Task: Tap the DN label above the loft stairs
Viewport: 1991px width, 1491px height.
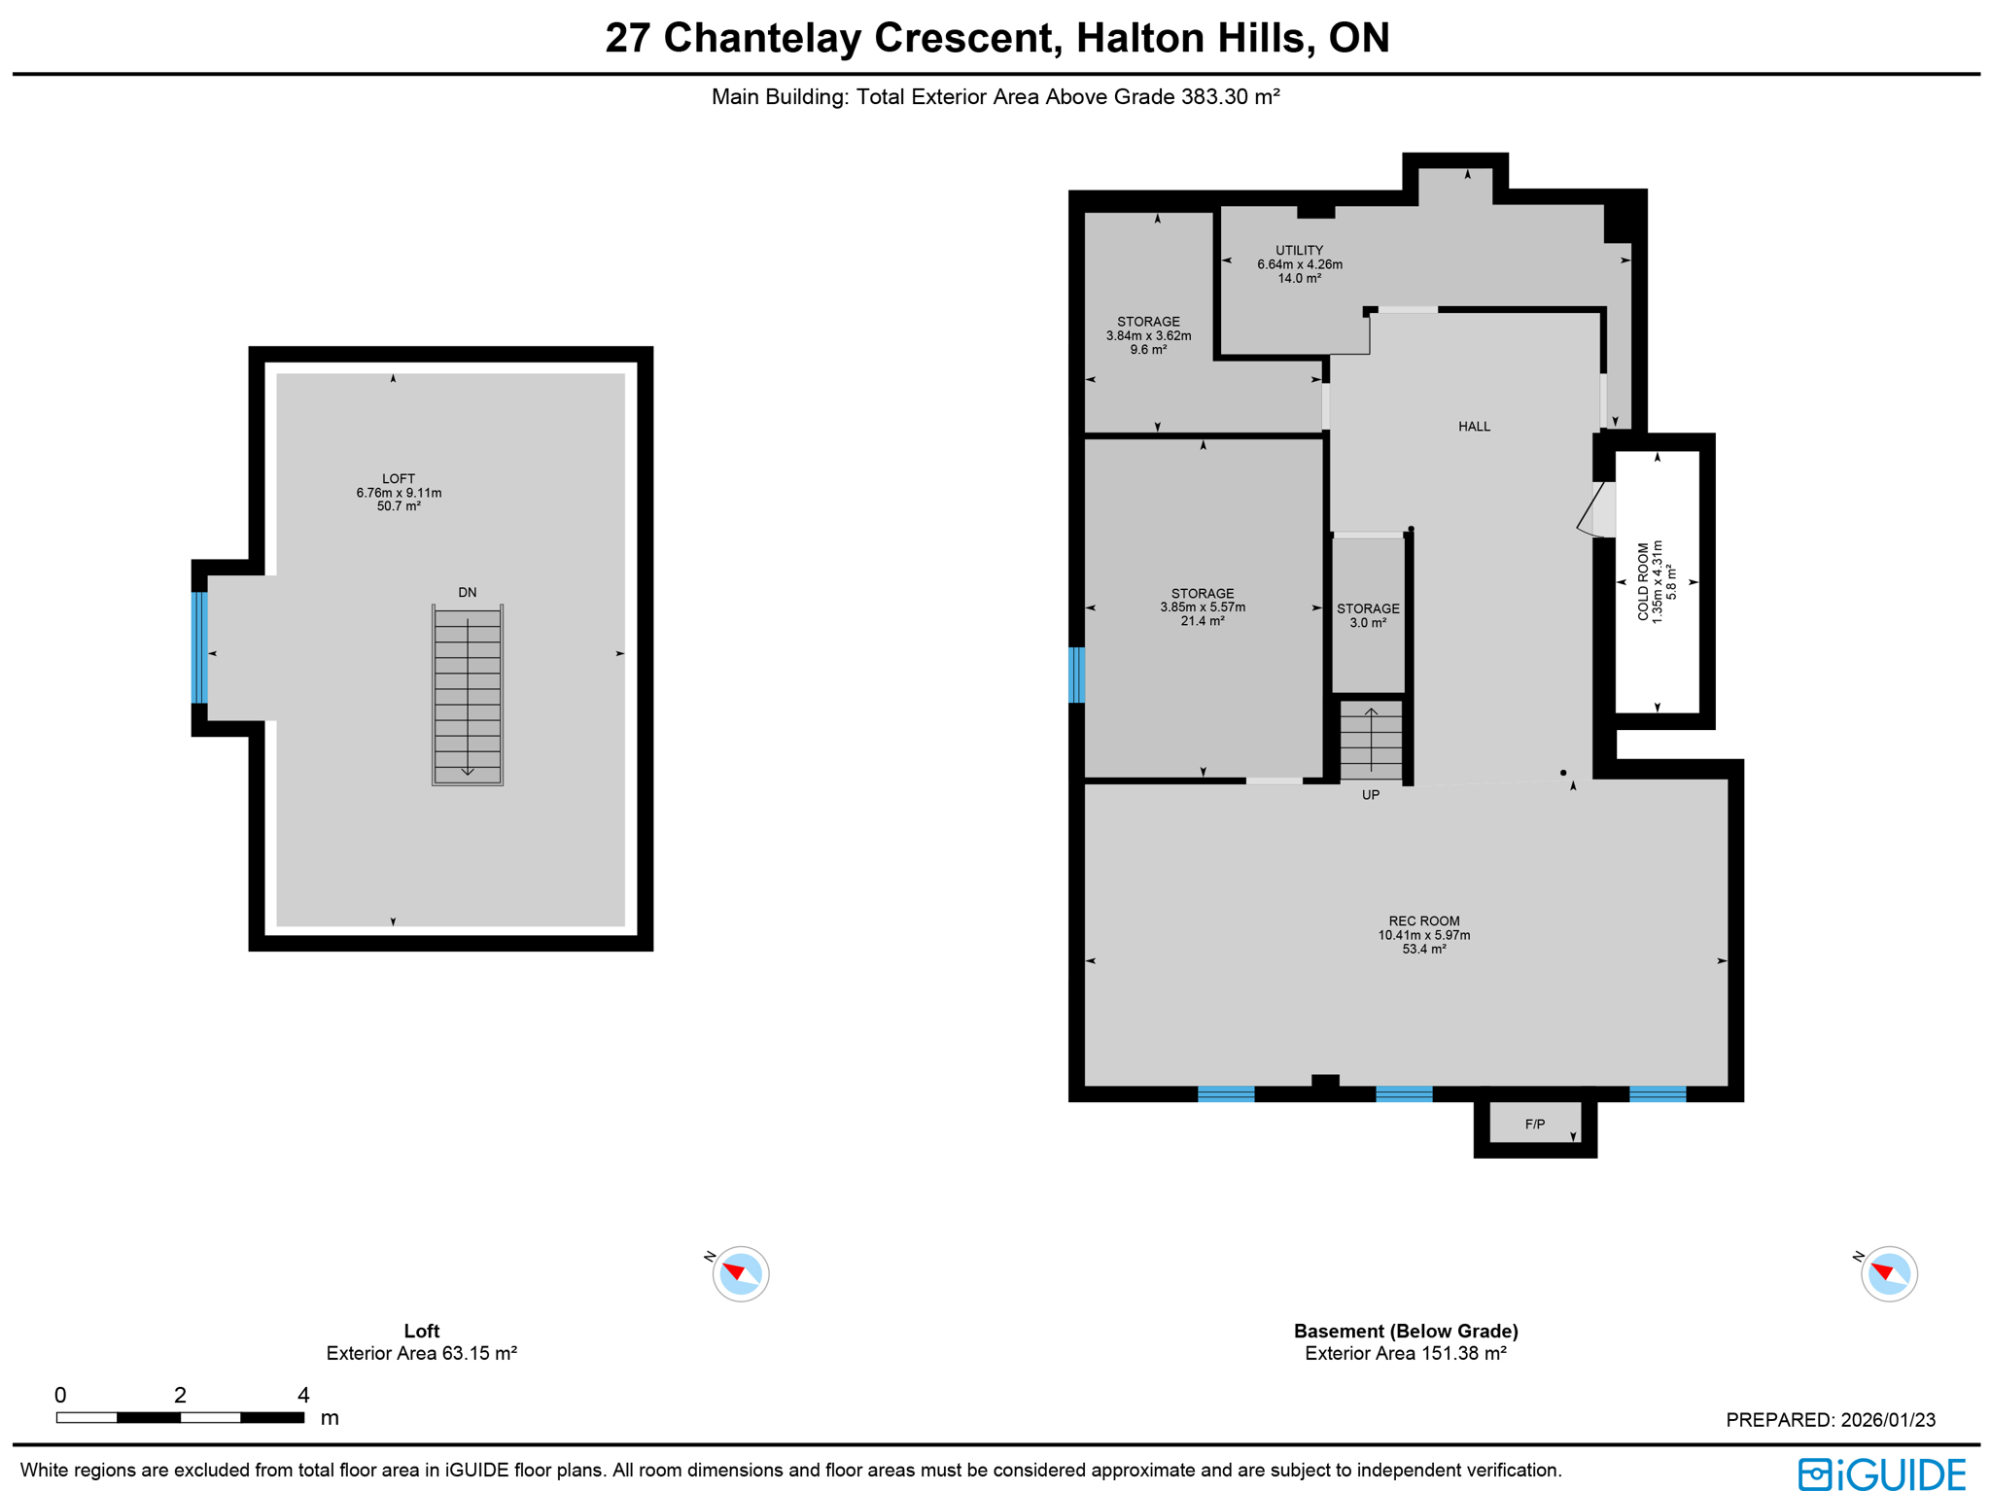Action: pyautogui.click(x=467, y=592)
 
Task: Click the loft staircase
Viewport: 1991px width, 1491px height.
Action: pyautogui.click(x=468, y=694)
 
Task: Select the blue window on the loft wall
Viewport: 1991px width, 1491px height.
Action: pyautogui.click(x=199, y=646)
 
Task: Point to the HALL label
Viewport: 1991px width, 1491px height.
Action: pyautogui.click(x=1474, y=426)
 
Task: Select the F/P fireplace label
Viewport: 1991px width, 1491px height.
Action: pyautogui.click(x=1534, y=1124)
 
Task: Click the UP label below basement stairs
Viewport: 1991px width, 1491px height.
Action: pyautogui.click(x=1370, y=794)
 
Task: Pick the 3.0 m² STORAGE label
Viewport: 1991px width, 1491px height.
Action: pyautogui.click(x=1367, y=615)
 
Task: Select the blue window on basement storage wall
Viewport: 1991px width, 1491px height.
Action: pyautogui.click(x=1076, y=675)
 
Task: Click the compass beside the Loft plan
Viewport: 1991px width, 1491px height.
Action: pyautogui.click(x=740, y=1272)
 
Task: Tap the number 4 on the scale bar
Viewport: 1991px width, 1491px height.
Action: pyautogui.click(x=303, y=1395)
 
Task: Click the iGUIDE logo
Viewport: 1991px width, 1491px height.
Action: pyautogui.click(x=1881, y=1474)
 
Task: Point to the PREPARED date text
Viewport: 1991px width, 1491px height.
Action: pyautogui.click(x=1830, y=1419)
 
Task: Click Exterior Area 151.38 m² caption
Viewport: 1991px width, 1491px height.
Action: pyautogui.click(x=1405, y=1353)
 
